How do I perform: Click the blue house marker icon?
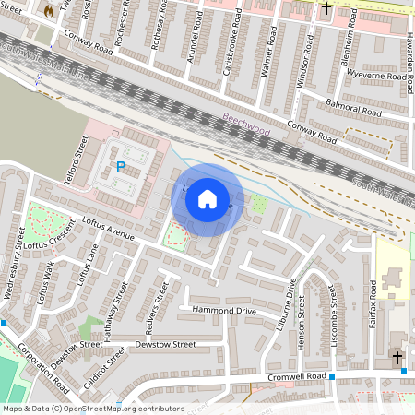[207, 198]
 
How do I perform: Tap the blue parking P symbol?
[121, 167]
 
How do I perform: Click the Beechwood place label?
[246, 125]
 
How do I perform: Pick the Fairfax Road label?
[373, 301]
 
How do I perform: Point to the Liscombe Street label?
[335, 311]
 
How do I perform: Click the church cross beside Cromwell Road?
[397, 358]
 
